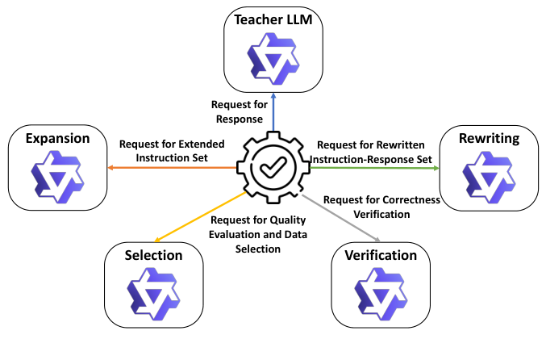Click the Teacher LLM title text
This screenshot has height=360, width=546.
(273, 19)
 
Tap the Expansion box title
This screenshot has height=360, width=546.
(58, 138)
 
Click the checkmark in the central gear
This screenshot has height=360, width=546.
(273, 168)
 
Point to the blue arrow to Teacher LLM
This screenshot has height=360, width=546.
(273, 113)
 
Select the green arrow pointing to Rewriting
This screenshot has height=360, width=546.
(371, 168)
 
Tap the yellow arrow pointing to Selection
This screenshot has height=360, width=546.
(198, 216)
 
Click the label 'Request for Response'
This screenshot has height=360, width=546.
(237, 112)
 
